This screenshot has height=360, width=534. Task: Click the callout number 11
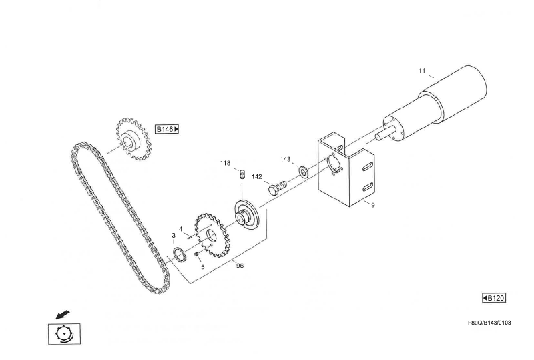pyautogui.click(x=422, y=71)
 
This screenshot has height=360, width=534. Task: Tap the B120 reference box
pyautogui.click(x=493, y=298)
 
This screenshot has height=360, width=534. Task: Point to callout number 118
pyautogui.click(x=225, y=163)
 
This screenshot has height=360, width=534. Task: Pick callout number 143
pyautogui.click(x=286, y=160)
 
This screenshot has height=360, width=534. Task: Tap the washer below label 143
pyautogui.click(x=304, y=172)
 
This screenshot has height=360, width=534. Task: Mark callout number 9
pyautogui.click(x=372, y=205)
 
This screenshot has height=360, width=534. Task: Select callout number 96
pyautogui.click(x=240, y=265)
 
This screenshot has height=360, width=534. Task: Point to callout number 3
pyautogui.click(x=174, y=235)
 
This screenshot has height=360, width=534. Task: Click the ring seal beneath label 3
pyautogui.click(x=179, y=254)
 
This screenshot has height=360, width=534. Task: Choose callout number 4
pyautogui.click(x=180, y=229)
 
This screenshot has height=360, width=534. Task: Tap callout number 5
pyautogui.click(x=203, y=266)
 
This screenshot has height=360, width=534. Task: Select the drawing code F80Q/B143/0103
pyautogui.click(x=489, y=323)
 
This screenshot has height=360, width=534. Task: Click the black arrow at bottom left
pyautogui.click(x=62, y=313)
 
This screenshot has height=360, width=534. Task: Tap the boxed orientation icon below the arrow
pyautogui.click(x=63, y=333)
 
